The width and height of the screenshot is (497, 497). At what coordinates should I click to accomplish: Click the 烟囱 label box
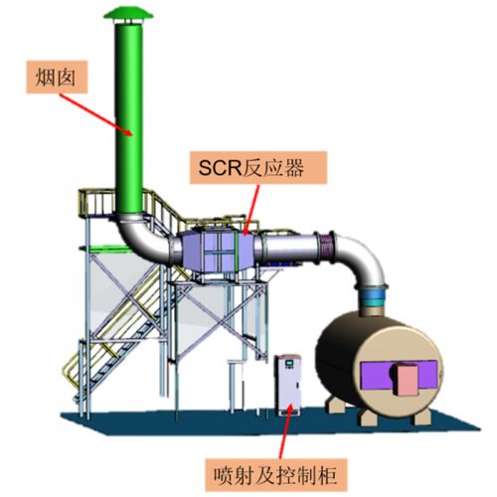[x=57, y=77]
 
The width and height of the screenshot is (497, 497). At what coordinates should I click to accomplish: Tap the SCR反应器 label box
[x=258, y=168]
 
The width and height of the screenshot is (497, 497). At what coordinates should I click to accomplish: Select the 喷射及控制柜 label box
[x=276, y=475]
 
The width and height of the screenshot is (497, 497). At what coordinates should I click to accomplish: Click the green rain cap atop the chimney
[x=128, y=14]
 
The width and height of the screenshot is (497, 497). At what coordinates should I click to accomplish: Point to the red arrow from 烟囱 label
[x=96, y=114]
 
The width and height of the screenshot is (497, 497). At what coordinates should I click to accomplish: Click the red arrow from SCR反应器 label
[x=251, y=210]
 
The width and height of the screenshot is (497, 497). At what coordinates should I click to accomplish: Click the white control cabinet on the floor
[x=288, y=385]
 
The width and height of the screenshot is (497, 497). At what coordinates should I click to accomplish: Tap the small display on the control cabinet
[x=290, y=363]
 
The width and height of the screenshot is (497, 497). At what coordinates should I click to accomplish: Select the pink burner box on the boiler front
[x=408, y=380]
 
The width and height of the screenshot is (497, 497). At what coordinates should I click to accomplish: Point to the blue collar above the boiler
[x=373, y=296]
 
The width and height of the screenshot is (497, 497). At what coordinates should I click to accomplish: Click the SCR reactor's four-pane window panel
[x=219, y=251]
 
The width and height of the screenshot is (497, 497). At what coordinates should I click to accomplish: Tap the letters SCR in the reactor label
[x=220, y=168]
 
